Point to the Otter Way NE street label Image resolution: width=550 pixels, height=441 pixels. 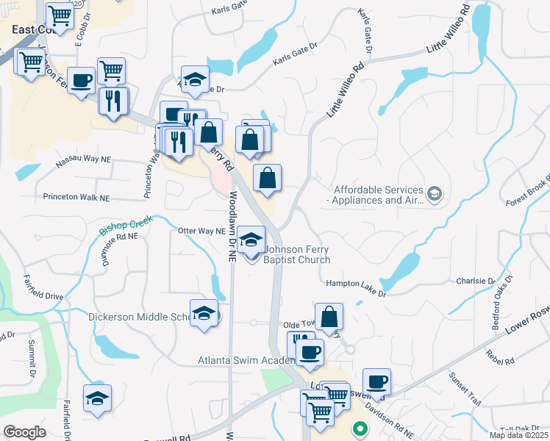201,231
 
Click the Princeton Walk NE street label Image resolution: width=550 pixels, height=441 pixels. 76,198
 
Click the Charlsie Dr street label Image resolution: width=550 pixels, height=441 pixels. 475,281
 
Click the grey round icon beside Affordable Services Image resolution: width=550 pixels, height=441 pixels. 435,194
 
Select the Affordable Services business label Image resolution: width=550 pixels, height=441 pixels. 378,195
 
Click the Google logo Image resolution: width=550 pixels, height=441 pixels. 24,431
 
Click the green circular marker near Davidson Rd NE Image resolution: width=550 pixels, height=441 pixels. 360,428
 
